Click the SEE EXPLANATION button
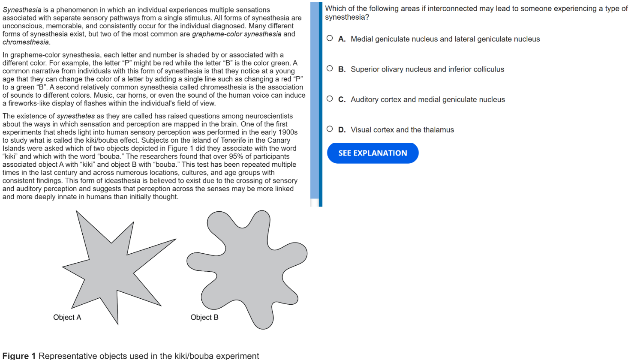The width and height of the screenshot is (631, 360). pos(373,153)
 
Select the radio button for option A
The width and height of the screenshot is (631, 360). pos(330,38)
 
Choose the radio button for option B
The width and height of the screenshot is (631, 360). pos(330,69)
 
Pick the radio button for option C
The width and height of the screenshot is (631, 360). pos(330,99)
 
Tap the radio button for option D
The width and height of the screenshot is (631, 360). pos(330,129)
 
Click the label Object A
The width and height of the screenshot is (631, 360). pos(67,317)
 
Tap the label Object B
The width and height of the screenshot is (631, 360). pos(204,317)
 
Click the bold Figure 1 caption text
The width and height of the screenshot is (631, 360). pos(19,356)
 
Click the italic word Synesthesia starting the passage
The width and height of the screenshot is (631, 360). pos(22,10)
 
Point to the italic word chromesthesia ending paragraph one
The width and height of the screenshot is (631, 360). pos(26,42)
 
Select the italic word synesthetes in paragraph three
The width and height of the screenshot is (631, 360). pos(75,116)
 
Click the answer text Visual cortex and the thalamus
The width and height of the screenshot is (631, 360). pos(402,130)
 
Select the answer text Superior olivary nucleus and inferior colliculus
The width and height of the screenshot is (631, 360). pos(427,69)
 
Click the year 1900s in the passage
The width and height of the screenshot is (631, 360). pos(288,132)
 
